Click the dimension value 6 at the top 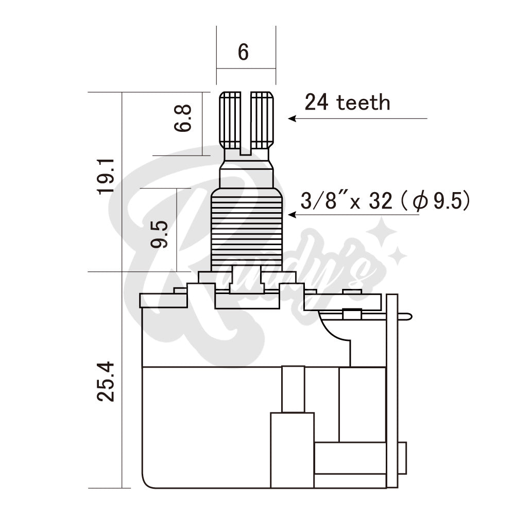coord(243,52)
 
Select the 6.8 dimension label coord(183,119)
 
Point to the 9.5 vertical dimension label coord(160,234)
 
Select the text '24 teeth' coord(347,102)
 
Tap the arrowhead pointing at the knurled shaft coord(291,118)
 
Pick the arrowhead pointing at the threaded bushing coord(291,215)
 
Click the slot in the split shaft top coord(246,124)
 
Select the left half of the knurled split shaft coord(231,119)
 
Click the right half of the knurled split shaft coord(262,119)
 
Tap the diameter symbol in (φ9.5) coord(420,202)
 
